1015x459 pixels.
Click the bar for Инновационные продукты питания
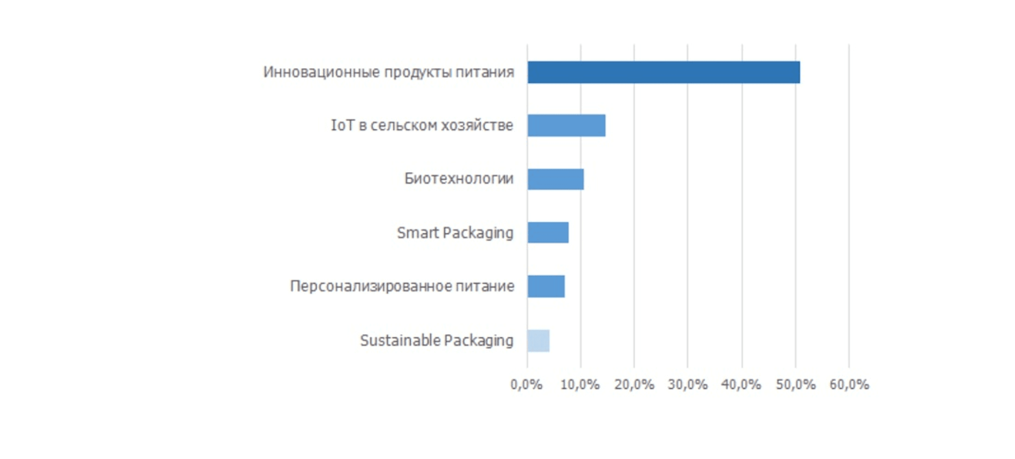663,72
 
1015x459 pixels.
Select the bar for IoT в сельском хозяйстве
566,125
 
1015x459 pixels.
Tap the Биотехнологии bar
556,179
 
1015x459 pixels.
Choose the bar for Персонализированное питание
546,286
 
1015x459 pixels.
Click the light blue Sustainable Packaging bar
538,340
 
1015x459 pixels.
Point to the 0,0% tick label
526,384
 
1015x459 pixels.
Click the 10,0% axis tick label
580,384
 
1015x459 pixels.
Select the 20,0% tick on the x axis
634,384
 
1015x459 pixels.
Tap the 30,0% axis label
688,384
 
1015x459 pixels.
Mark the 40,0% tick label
741,384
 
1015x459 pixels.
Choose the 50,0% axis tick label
796,384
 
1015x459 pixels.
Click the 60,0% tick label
849,384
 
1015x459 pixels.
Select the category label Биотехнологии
459,179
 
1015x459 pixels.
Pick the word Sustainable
400,340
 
